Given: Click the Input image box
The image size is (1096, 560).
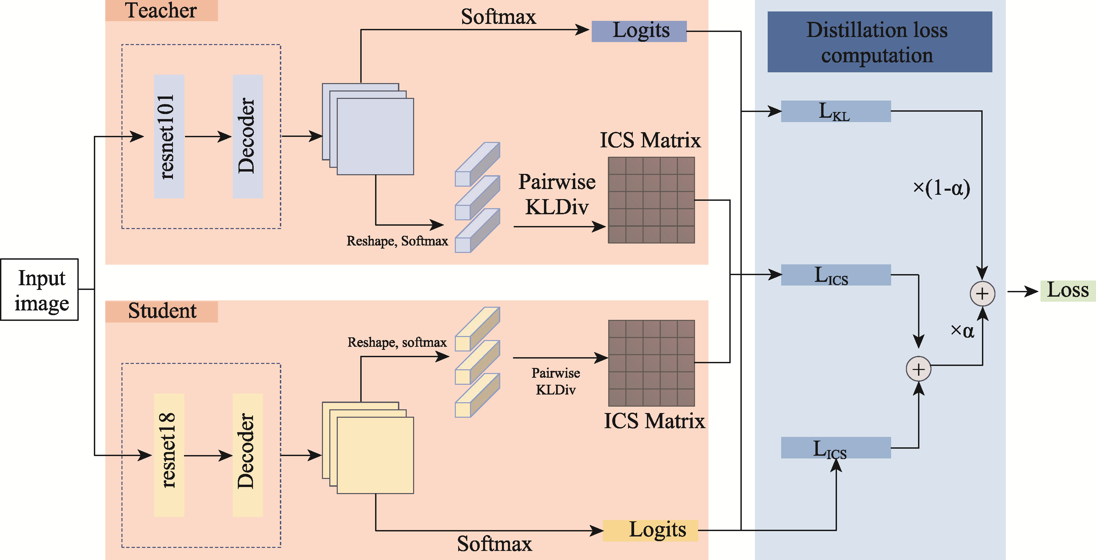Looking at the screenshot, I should coord(40,289).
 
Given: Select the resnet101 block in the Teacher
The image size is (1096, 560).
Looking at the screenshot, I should coord(169,137).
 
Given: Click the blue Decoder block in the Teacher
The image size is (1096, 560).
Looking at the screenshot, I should coord(248,137).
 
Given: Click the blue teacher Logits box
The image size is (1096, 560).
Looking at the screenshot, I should coord(639,31).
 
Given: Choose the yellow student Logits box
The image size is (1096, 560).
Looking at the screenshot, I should coord(651,530).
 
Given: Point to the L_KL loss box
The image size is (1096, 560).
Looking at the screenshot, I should coord(836,111).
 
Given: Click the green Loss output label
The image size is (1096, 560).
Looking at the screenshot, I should coord(1067,291).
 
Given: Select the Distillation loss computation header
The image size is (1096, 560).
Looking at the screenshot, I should coord(879,42).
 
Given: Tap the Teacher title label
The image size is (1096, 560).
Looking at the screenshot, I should coord(161,11).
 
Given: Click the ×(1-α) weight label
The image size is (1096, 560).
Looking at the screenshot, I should coord(941,188).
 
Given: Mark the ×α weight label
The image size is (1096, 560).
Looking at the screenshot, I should coord(962,331).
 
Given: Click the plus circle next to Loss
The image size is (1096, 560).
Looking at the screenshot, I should coord(982,294).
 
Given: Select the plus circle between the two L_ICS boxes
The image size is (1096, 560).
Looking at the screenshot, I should coord(919,369).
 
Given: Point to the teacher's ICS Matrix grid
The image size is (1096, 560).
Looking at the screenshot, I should coord(651,200).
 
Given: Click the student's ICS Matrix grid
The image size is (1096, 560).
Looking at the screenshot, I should coord(651,363).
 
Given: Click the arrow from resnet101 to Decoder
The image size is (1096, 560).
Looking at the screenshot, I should coord(209,137).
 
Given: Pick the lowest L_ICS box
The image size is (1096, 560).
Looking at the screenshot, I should coord(836,448).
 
